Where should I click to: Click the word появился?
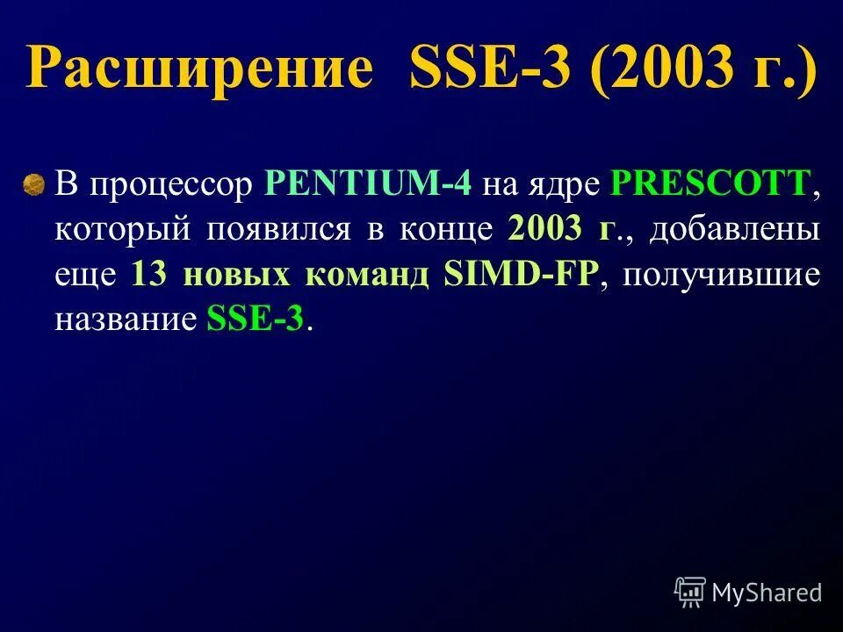pyautogui.click(x=279, y=231)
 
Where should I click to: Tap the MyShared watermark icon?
pyautogui.click(x=690, y=592)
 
